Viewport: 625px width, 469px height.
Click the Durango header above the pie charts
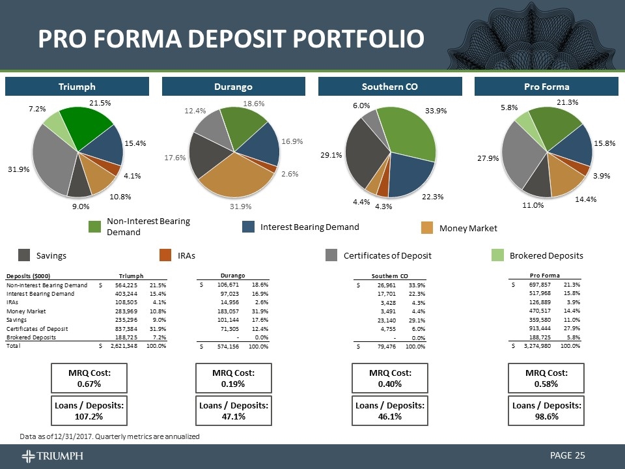[234, 87]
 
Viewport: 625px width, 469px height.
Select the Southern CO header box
[390, 87]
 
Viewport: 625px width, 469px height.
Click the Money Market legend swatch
[427, 227]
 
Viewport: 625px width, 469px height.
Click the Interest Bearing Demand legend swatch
[249, 227]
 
